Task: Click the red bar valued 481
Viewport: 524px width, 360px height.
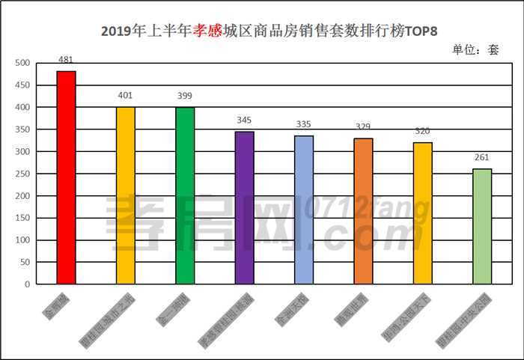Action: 66,177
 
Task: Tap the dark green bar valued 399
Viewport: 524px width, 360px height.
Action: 185,195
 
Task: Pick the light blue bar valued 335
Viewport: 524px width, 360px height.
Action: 304,210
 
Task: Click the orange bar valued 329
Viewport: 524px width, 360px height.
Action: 363,211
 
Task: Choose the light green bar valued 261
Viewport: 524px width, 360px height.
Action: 482,226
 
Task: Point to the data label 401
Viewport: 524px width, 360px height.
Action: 125,96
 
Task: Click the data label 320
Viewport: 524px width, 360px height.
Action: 422,131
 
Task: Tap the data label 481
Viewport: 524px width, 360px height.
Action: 66,60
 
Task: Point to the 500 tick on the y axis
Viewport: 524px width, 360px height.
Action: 22,64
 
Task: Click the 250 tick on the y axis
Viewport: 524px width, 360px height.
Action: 22,174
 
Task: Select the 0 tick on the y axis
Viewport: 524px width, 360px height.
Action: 27,284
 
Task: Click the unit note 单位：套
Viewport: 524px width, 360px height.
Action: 475,50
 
